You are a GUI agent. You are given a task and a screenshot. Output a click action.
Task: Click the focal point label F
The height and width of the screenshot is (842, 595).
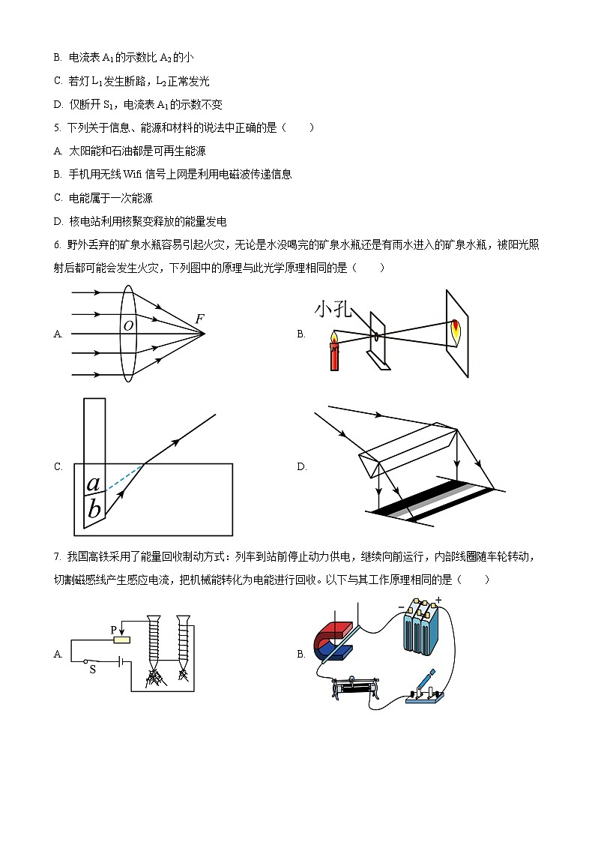(199, 319)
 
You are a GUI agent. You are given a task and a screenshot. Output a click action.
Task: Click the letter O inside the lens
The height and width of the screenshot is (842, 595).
(128, 325)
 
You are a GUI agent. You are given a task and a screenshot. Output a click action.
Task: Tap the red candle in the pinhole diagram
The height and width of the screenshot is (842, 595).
(333, 356)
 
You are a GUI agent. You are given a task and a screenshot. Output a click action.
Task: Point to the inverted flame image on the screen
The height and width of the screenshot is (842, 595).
(456, 329)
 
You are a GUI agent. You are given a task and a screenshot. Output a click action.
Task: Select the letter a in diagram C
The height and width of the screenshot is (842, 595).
(94, 484)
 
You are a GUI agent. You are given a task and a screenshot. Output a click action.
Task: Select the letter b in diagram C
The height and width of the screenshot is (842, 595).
(94, 509)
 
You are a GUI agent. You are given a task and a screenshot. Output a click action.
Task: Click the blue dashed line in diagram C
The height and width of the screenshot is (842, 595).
(124, 478)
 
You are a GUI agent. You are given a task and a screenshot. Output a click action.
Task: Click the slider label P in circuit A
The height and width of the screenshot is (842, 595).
(114, 631)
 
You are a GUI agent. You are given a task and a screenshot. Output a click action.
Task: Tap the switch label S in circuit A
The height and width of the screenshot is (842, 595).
(92, 670)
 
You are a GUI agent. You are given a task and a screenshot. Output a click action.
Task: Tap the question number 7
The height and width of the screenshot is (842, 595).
(57, 557)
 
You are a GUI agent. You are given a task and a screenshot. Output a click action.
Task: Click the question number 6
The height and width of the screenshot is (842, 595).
(57, 244)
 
